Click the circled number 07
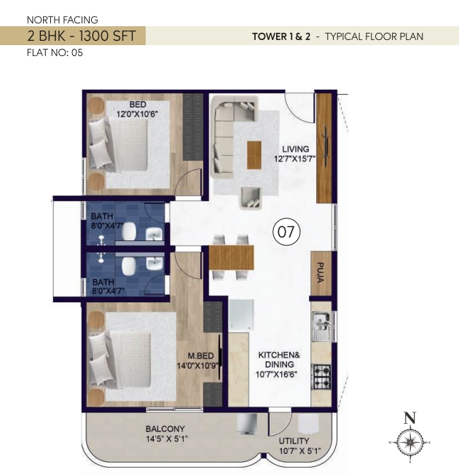click(286, 232)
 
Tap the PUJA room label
click(321, 272)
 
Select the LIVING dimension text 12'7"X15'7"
click(295, 159)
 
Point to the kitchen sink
click(321, 326)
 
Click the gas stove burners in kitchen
click(321, 377)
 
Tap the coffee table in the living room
click(254, 154)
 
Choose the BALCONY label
click(165, 429)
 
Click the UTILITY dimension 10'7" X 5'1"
click(299, 451)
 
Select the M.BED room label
click(200, 356)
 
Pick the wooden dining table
click(231, 257)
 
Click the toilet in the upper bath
click(130, 231)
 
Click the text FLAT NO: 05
click(55, 52)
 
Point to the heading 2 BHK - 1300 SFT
click(82, 36)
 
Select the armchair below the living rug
click(251, 198)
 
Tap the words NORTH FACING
click(63, 20)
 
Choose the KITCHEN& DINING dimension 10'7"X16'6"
click(276, 374)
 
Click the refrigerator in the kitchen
click(241, 315)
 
